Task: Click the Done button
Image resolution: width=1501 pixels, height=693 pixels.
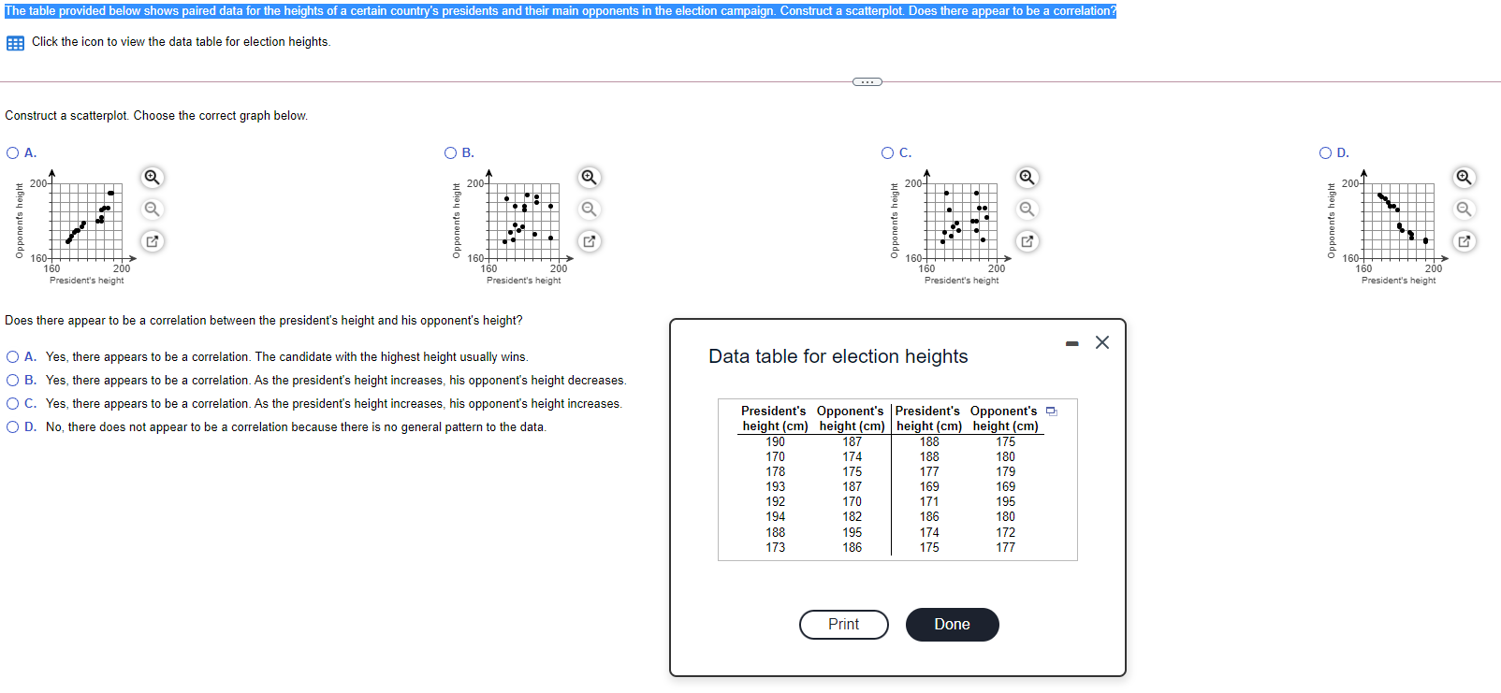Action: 952,625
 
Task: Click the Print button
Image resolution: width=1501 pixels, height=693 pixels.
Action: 843,625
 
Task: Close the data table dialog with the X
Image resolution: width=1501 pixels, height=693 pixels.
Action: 1102,342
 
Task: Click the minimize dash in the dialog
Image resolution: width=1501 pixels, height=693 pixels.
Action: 1072,344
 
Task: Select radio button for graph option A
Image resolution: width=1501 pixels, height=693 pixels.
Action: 12,152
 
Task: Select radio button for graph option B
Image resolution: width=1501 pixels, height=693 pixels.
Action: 450,152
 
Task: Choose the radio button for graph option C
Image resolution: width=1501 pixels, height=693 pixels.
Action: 887,152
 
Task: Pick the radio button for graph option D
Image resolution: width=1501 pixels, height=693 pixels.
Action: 1325,152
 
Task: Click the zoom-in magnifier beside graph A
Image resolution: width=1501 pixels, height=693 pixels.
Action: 152,177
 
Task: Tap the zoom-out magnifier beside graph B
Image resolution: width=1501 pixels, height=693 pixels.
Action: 589,209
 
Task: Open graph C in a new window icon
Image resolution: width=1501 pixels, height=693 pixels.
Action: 1027,241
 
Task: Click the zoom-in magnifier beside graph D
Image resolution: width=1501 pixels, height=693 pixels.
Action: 1464,177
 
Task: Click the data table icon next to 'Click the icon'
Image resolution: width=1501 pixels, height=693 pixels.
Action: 15,43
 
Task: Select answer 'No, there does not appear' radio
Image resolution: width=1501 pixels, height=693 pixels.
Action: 12,426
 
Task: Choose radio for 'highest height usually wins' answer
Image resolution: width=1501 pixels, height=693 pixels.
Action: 12,356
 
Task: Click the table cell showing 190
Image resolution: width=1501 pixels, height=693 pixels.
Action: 775,441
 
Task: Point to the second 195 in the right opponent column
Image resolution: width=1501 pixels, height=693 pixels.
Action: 1005,501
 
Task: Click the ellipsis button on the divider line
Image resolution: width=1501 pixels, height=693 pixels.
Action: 867,81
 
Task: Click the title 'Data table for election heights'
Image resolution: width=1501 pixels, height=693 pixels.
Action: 838,356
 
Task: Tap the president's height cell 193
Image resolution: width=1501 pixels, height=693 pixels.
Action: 775,486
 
